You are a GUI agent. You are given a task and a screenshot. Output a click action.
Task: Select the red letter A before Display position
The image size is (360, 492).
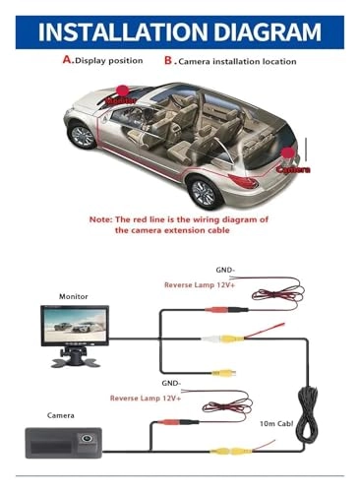pos(68,59)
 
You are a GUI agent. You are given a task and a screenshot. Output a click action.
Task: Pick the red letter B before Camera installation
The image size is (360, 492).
pos(169,59)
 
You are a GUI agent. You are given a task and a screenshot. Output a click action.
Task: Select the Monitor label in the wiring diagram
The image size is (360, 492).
pos(73,295)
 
